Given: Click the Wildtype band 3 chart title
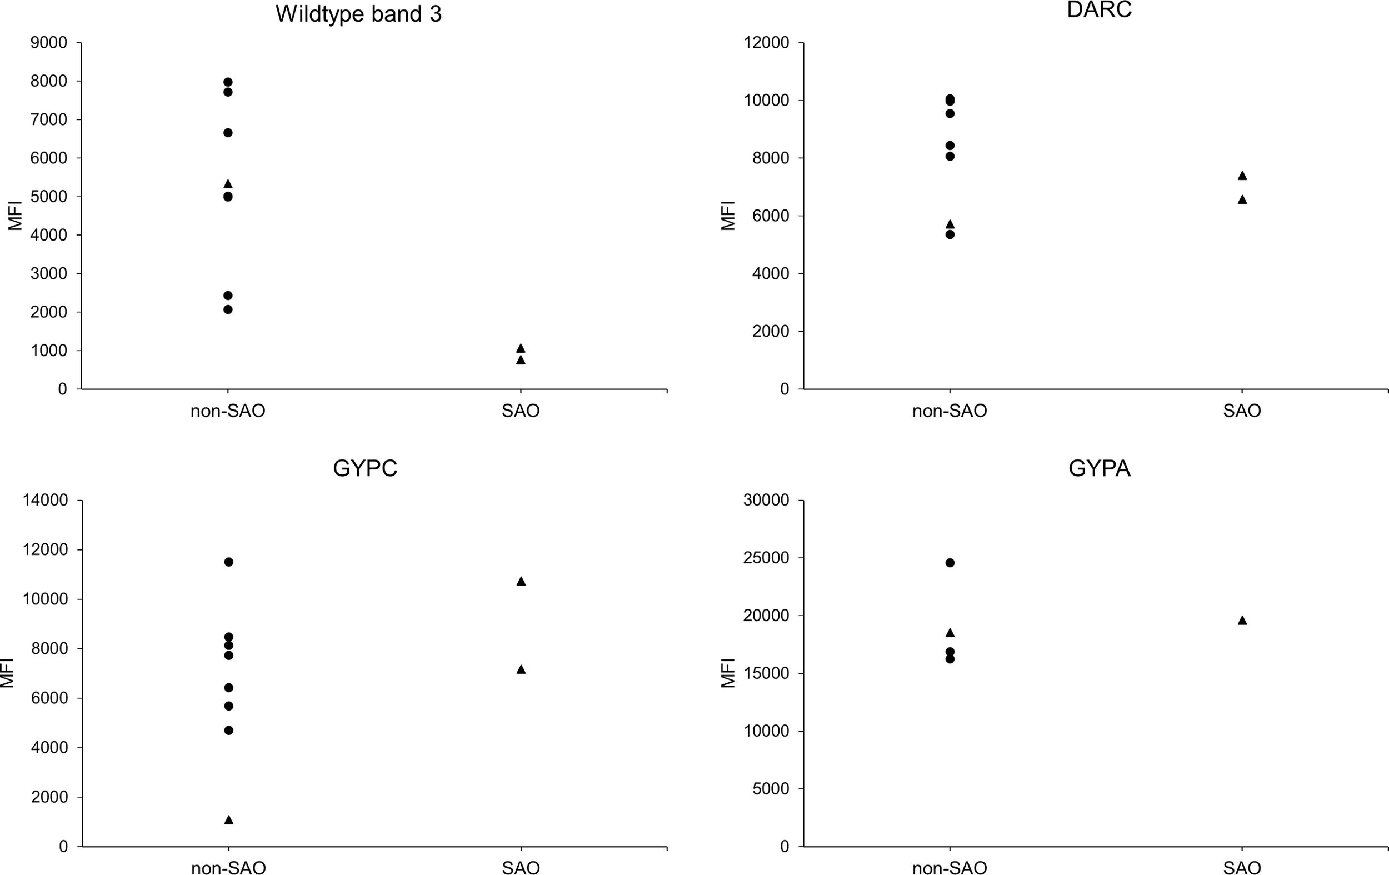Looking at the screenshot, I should tap(358, 14).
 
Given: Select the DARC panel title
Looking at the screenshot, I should tap(1099, 10).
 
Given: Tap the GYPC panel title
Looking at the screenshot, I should tap(365, 468).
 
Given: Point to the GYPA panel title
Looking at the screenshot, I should tap(1099, 468).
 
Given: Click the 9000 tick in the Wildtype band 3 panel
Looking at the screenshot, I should tap(48, 43).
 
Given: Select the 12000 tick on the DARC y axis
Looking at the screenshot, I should tap(767, 43).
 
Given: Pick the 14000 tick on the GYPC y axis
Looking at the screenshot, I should tap(45, 500).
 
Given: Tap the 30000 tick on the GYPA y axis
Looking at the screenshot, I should tap(767, 500).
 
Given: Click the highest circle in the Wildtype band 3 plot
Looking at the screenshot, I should tap(228, 82).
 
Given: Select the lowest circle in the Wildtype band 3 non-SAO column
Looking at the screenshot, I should tap(228, 309).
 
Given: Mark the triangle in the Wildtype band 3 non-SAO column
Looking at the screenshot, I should tap(228, 184).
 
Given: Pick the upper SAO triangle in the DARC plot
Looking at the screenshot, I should tap(1242, 176).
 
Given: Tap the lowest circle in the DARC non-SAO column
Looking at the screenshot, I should tap(950, 234).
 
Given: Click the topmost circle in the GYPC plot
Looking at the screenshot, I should tap(228, 562).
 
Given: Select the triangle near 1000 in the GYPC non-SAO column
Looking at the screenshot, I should tap(228, 819).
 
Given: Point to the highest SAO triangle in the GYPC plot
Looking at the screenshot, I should tap(521, 582).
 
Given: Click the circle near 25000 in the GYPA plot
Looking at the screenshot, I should tap(950, 562).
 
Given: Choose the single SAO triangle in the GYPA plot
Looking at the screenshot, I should tap(1242, 621).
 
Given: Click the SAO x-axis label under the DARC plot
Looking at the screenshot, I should tap(1242, 411).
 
